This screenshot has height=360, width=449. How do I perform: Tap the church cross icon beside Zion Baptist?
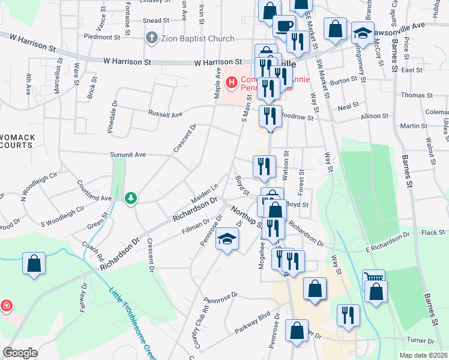151,38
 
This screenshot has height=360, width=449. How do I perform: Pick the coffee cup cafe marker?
284,26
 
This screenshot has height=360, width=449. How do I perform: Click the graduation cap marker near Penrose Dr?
227,240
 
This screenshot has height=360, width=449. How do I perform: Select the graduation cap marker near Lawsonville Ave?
363,33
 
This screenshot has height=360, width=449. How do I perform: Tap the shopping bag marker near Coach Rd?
34,263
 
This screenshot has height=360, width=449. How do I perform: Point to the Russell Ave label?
166,113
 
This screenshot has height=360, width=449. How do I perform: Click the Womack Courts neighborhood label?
18,142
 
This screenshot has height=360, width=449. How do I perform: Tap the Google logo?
20,353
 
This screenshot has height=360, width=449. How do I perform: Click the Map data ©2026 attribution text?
424,355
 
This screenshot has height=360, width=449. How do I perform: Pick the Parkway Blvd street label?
254,316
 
